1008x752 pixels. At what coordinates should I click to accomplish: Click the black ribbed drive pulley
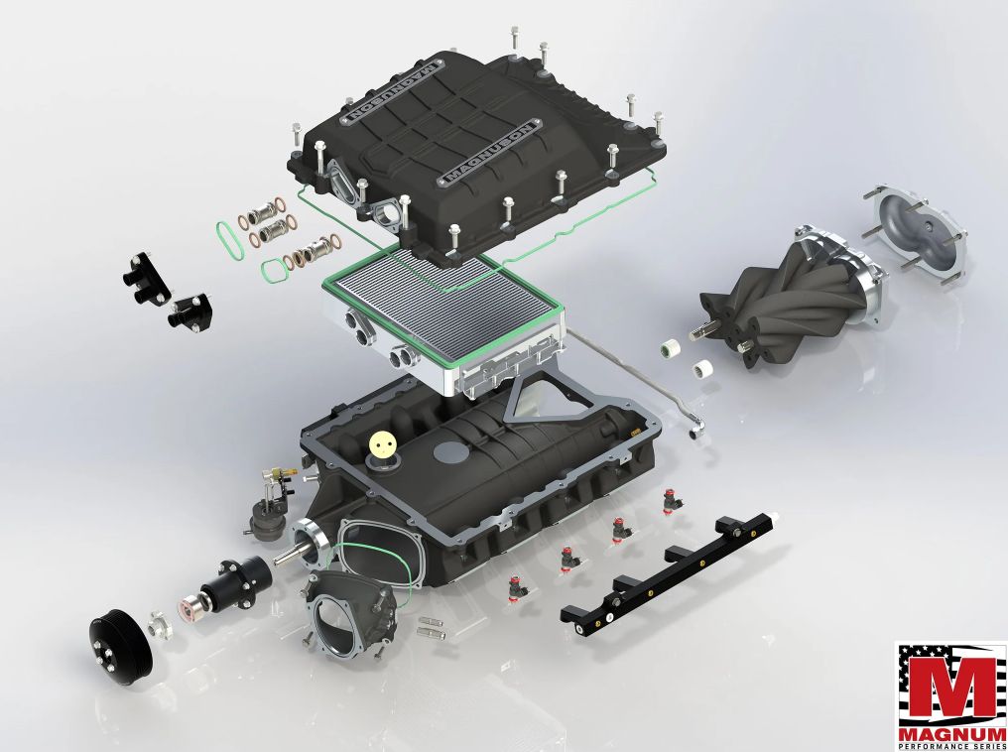point(120,643)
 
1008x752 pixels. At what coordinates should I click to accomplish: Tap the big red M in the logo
point(952,682)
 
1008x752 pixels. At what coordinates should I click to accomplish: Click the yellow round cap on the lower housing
point(384,444)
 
